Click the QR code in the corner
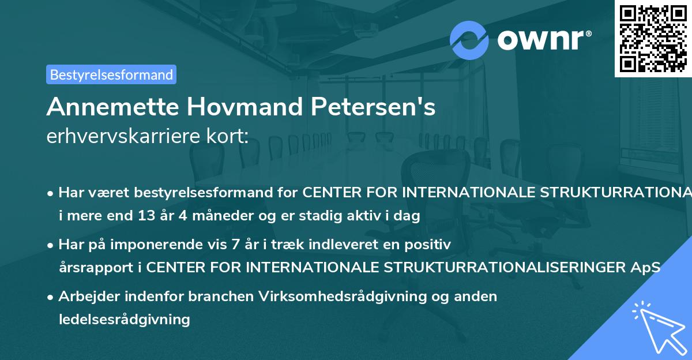tap(653, 38)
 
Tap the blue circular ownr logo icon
tap(469, 40)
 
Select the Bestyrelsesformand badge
tap(111, 74)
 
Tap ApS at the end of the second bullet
tap(648, 268)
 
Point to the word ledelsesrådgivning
tap(124, 319)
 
